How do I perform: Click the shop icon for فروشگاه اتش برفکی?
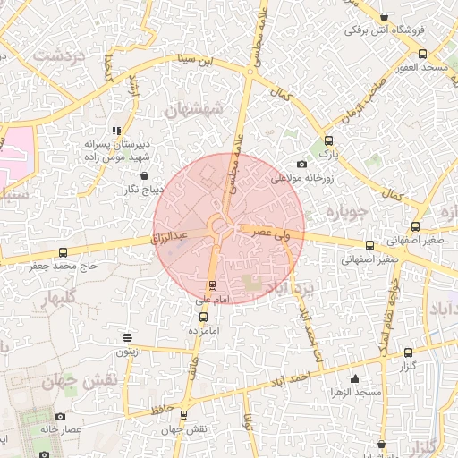click(385, 16)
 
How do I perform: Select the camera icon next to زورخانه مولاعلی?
click(301, 164)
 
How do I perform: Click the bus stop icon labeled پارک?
click(328, 140)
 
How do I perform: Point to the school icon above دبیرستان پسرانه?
click(115, 131)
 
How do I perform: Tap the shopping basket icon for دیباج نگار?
click(145, 175)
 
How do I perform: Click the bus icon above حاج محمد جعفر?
click(62, 253)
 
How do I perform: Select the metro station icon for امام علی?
click(211, 285)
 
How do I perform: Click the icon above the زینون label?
click(127, 338)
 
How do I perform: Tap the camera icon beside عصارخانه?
click(60, 416)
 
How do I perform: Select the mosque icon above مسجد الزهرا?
click(355, 378)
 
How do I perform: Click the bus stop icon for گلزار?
click(408, 353)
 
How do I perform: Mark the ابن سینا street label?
click(196, 62)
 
